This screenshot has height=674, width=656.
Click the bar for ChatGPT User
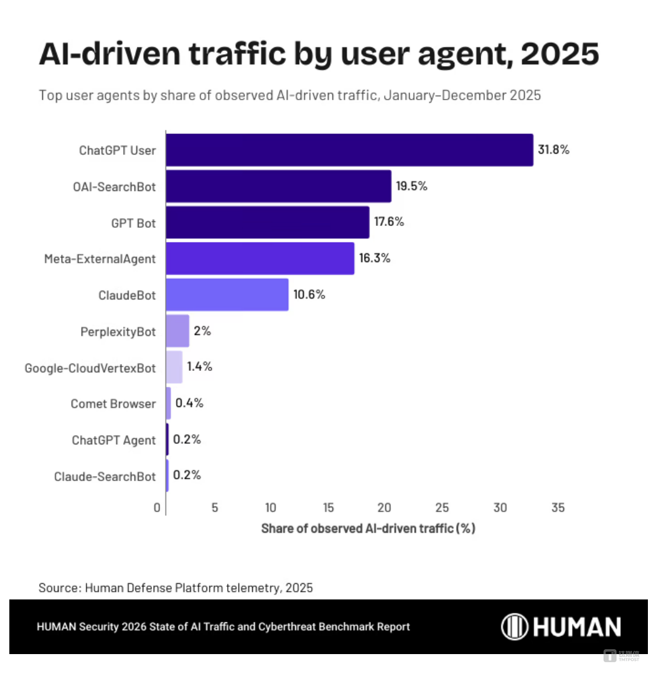pyautogui.click(x=349, y=150)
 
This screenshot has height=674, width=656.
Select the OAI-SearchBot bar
pyautogui.click(x=278, y=186)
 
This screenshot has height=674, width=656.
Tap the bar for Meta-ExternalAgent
pyautogui.click(x=260, y=258)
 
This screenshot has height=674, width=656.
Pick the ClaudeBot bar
pyautogui.click(x=227, y=294)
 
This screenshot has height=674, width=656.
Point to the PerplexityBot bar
pyautogui.click(x=177, y=330)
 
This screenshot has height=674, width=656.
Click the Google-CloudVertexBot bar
pyautogui.click(x=174, y=367)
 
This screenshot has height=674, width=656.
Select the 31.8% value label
pyautogui.click(x=553, y=150)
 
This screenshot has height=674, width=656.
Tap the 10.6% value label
pyautogui.click(x=309, y=294)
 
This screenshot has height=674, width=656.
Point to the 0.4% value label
pyautogui.click(x=189, y=403)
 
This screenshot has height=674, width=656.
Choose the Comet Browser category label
pyautogui.click(x=113, y=404)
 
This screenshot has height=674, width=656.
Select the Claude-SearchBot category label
pyautogui.click(x=105, y=477)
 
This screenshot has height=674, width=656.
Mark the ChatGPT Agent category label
pyautogui.click(x=113, y=441)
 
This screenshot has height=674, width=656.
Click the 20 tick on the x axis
pyautogui.click(x=385, y=508)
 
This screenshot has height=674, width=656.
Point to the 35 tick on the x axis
pyautogui.click(x=558, y=508)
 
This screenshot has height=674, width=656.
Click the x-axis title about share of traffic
pyautogui.click(x=368, y=528)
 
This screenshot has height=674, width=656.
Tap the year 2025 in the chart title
pyautogui.click(x=560, y=55)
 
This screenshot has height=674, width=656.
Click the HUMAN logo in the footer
pyautogui.click(x=561, y=626)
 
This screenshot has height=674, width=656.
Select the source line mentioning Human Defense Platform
pyautogui.click(x=176, y=587)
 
